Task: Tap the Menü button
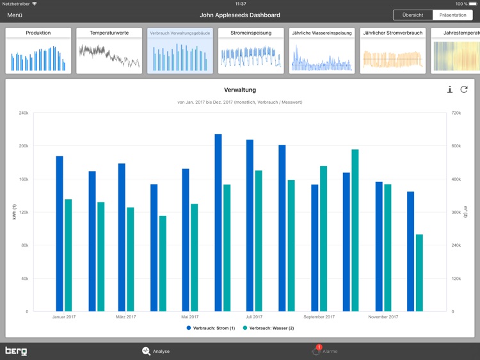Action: coord(15,15)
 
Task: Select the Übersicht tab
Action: coord(413,15)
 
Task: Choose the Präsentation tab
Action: coord(452,15)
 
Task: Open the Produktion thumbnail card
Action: coord(38,51)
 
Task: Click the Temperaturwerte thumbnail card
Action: coord(109,51)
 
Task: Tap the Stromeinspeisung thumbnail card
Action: coord(251,51)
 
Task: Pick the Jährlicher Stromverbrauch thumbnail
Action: coord(392,51)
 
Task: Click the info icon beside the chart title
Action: coord(450,90)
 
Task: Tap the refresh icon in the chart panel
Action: coord(464,90)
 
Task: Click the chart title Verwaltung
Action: coord(240,90)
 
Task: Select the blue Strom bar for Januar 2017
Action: coord(60,234)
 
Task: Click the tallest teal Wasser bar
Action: coord(355,231)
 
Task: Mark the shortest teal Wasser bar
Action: coord(419,273)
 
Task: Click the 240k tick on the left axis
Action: coord(23,113)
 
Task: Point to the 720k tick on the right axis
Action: coord(456,113)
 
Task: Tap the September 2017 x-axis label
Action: coord(319,316)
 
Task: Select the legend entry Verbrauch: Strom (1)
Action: coord(211,328)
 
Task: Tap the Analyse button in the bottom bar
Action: coord(156,351)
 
